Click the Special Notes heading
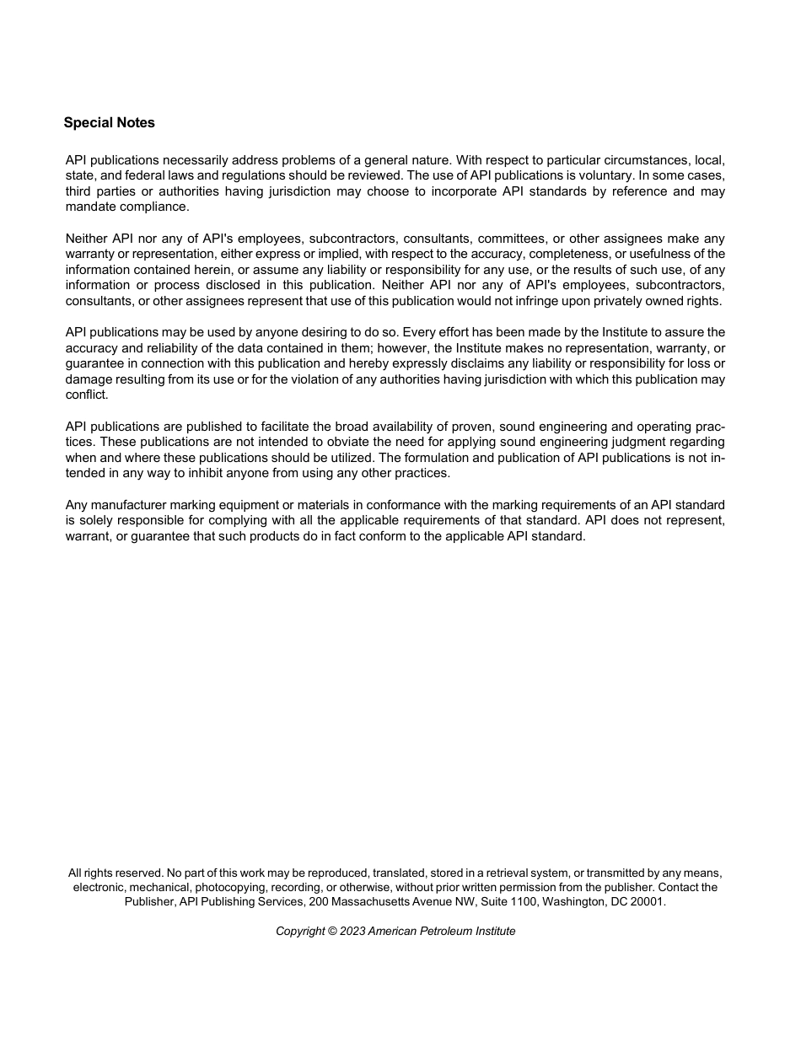coord(109,123)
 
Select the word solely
coord(96,520)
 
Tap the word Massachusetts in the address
coord(371,901)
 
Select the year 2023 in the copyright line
coord(352,932)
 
